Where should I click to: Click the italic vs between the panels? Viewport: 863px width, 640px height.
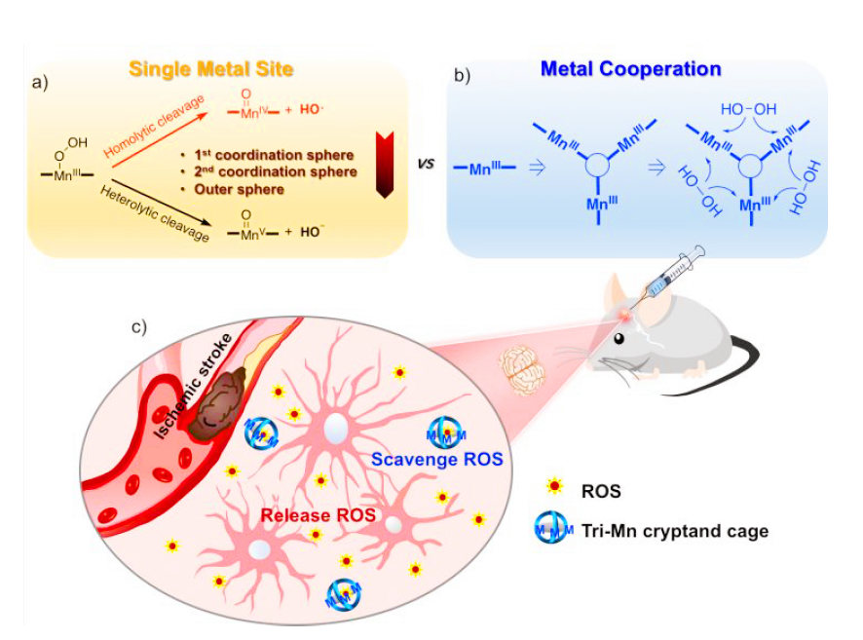(425, 164)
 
